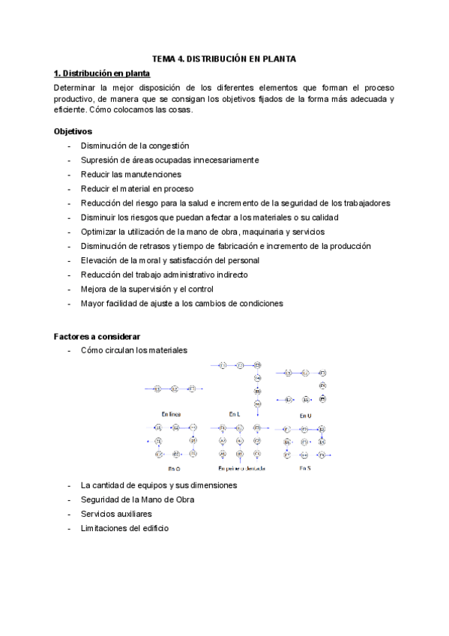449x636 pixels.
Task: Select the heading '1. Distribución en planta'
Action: point(102,73)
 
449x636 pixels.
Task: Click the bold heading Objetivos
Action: point(73,130)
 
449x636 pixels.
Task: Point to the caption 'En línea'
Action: point(171,413)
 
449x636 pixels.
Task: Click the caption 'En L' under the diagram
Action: point(235,413)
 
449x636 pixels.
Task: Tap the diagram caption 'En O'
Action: point(173,469)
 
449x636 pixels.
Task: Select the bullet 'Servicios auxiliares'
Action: point(116,514)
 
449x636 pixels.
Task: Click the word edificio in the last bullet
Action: point(154,528)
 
